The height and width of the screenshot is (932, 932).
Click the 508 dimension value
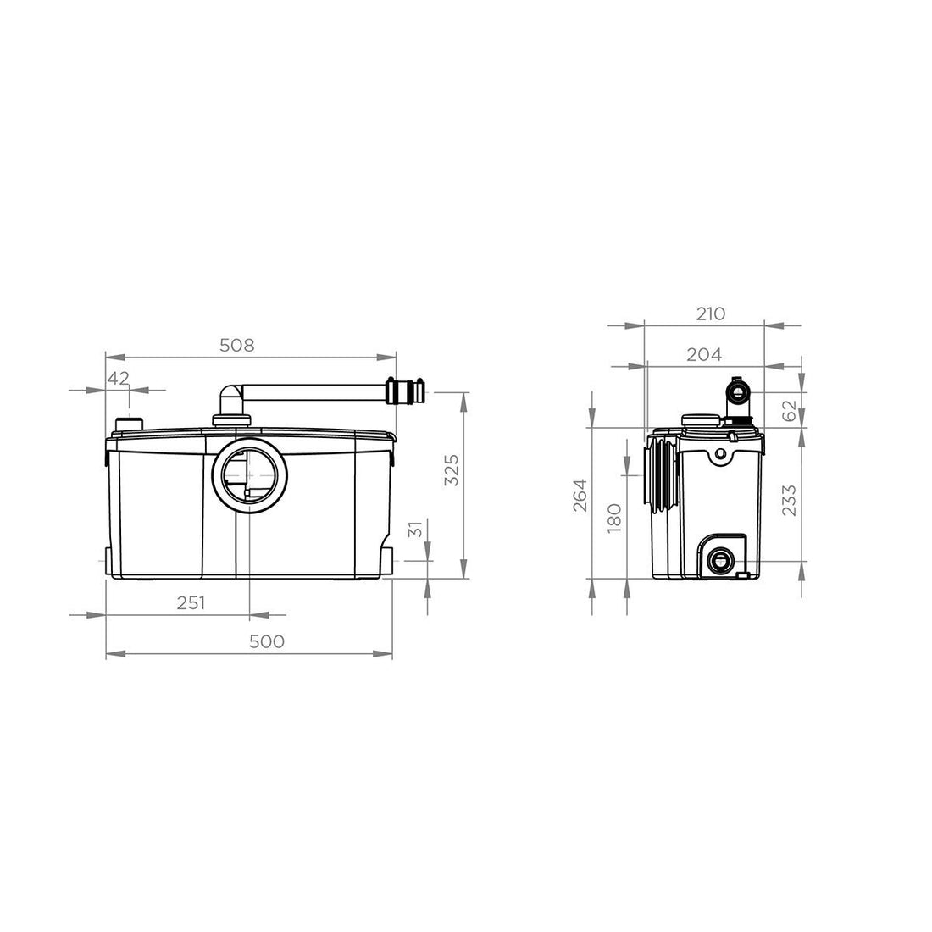[236, 345]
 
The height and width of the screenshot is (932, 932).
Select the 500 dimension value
[266, 641]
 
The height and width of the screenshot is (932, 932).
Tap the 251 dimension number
[191, 602]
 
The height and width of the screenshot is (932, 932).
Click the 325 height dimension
[452, 470]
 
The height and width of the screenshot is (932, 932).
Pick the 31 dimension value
[416, 529]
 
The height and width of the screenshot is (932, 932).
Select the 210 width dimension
[710, 313]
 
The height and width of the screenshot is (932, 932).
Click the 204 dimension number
[704, 354]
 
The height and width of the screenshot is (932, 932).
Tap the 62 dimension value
[789, 411]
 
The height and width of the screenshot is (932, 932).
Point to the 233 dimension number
[789, 501]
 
